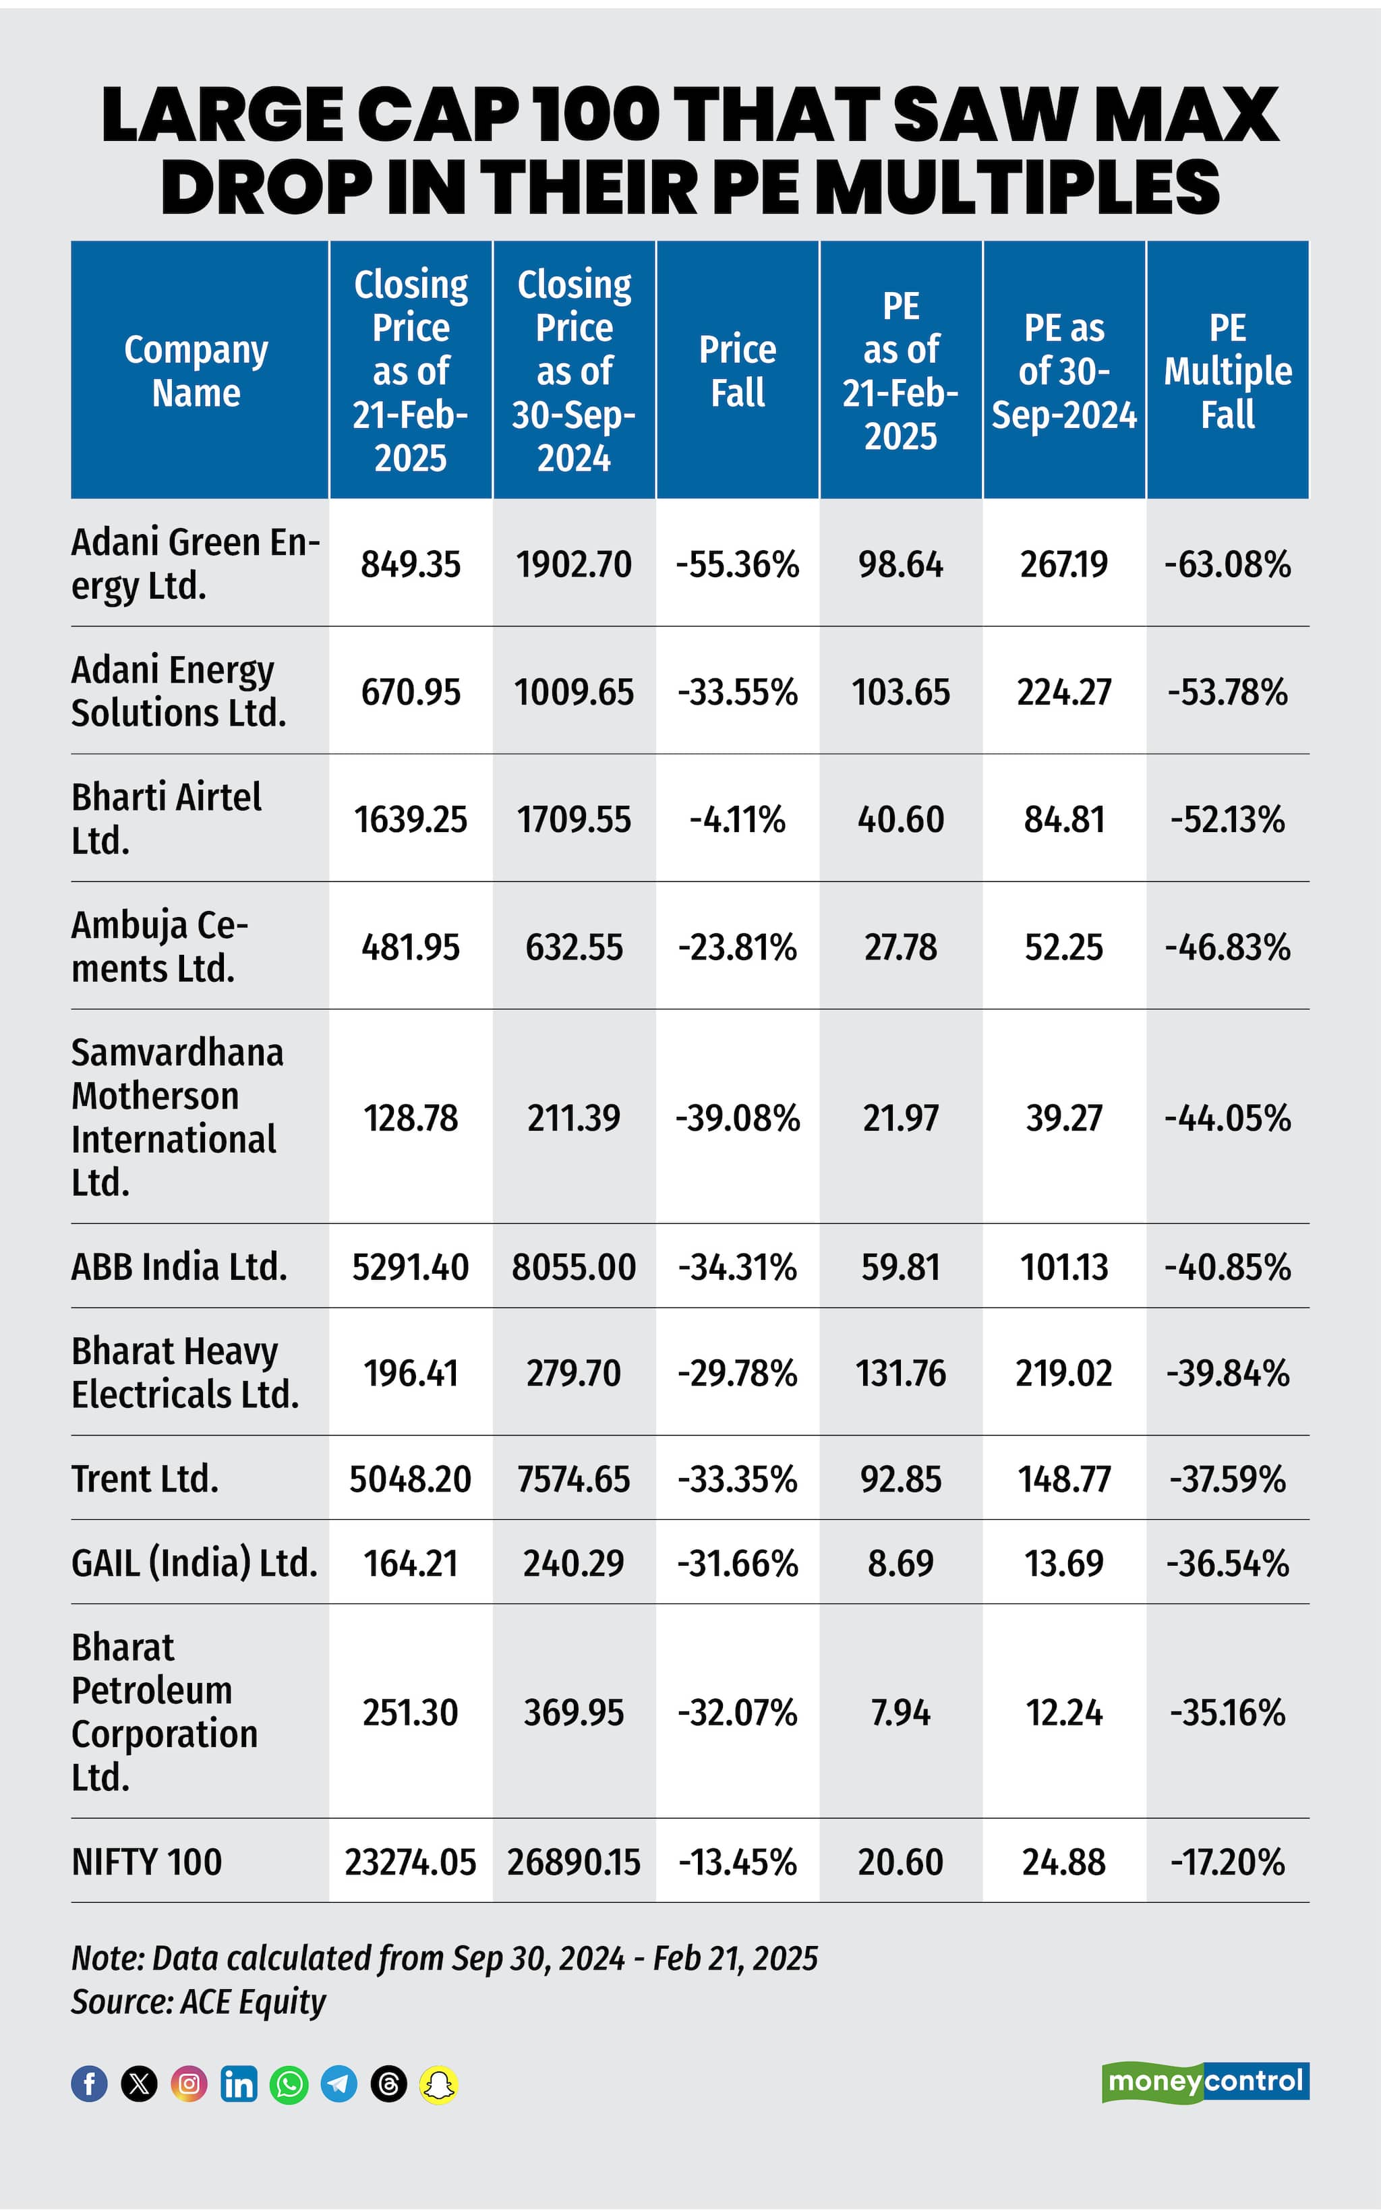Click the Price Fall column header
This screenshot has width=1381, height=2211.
point(737,371)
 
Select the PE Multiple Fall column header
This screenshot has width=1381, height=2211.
point(1227,371)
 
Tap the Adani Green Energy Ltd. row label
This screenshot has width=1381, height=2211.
point(195,564)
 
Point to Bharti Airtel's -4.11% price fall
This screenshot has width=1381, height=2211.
point(737,819)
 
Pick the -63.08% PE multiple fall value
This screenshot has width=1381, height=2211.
point(1227,564)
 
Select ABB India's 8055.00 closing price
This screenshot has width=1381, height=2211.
point(574,1267)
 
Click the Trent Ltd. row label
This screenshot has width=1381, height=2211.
point(145,1479)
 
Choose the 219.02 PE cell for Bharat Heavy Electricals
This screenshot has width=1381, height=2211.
point(1063,1373)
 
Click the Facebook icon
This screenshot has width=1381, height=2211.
point(90,2084)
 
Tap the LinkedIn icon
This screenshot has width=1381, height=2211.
point(239,2084)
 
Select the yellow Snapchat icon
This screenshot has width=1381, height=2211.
point(438,2084)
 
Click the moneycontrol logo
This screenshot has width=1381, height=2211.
point(1205,2082)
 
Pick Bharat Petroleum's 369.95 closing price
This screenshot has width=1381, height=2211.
point(574,1712)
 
